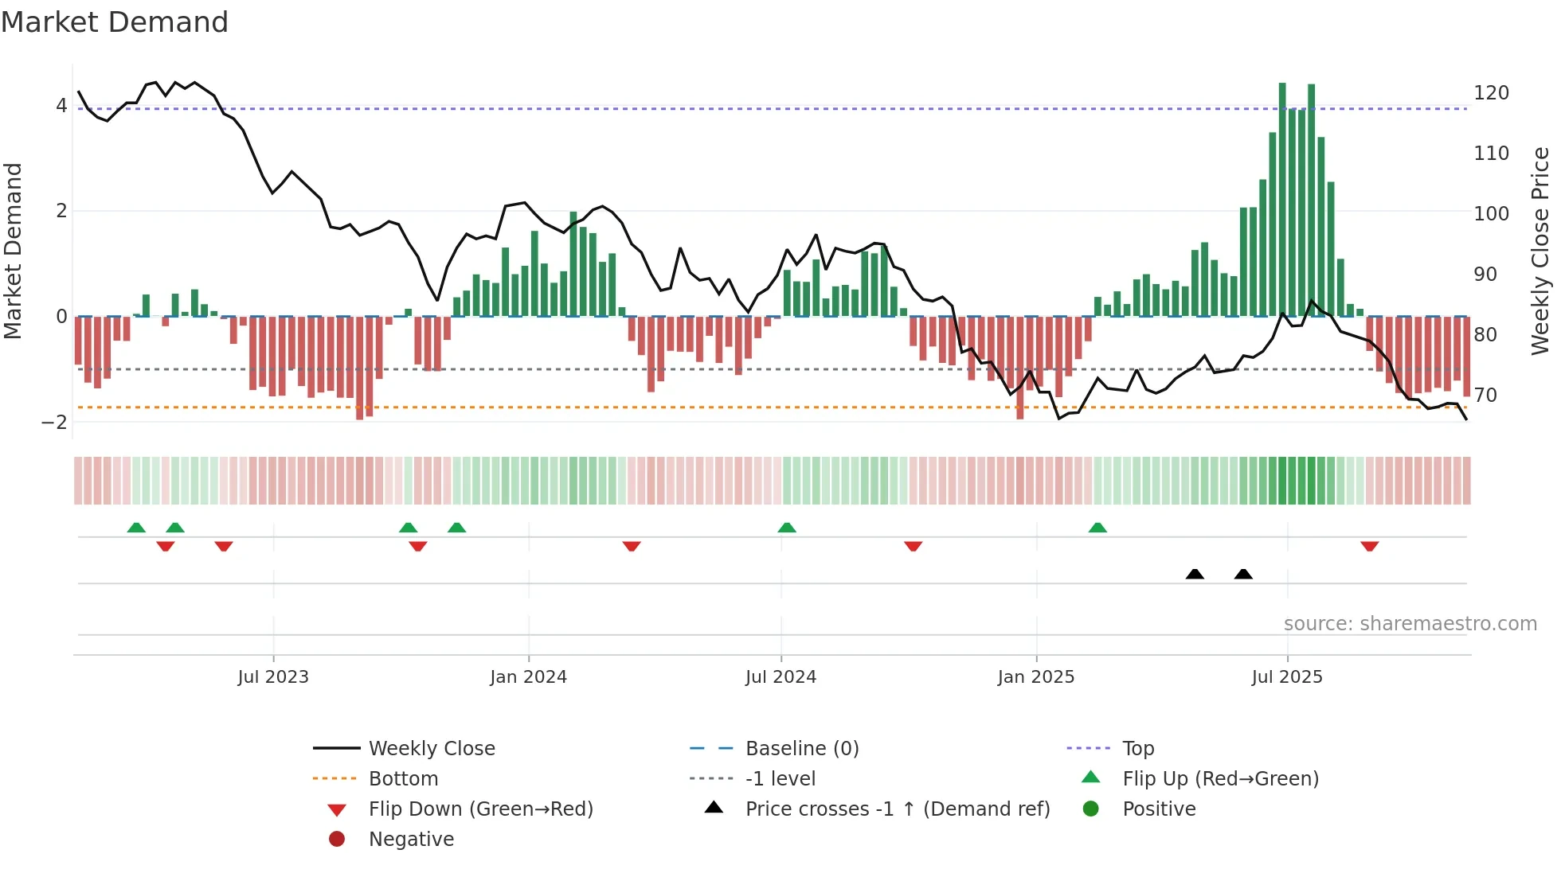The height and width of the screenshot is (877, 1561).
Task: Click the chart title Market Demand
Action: coord(115,22)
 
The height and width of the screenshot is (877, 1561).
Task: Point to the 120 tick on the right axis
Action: coord(1491,93)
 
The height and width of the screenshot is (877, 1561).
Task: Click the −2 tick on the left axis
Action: coord(54,423)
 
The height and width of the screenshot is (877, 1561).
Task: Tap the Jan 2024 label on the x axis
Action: coord(528,677)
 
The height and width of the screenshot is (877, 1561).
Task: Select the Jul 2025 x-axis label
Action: coord(1286,677)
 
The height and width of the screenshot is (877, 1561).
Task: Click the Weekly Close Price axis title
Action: coord(1540,251)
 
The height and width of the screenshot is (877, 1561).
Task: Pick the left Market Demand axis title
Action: coord(13,251)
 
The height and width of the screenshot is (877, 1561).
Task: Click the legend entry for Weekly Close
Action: coord(431,749)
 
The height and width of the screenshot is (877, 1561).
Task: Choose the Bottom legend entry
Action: coord(403,779)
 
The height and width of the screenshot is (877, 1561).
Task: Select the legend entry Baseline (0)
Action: coord(801,749)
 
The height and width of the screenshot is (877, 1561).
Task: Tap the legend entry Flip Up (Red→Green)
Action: coord(1220,779)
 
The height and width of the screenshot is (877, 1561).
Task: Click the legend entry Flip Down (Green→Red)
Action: coord(480,809)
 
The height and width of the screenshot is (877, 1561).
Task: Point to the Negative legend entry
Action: coord(411,840)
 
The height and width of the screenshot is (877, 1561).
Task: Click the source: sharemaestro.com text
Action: coord(1410,624)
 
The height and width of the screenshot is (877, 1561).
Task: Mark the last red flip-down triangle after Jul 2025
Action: coord(1369,546)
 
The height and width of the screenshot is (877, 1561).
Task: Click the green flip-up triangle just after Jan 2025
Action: coord(1097,528)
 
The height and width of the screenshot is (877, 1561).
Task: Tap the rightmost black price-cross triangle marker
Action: coord(1243,574)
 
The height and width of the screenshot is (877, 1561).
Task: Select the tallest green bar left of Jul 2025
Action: coord(1282,199)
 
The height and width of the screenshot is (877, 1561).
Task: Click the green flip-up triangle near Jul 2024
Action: coord(787,528)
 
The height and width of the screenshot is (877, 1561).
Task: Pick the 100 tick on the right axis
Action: coord(1491,214)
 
